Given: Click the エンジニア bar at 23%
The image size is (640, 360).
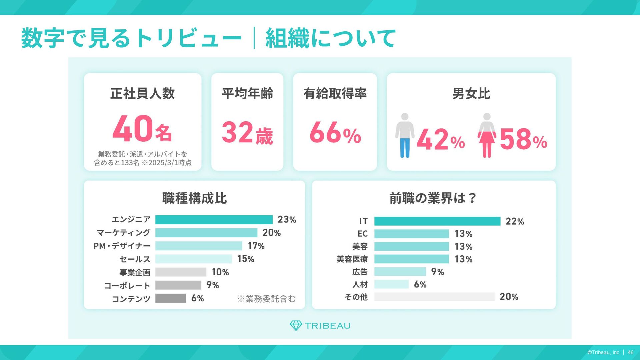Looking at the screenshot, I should [x=214, y=220].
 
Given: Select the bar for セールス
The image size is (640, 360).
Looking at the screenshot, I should [x=193, y=259].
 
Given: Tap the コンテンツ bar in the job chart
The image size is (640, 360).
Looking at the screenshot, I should [x=170, y=298].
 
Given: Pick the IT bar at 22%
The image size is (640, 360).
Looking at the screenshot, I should [x=437, y=221].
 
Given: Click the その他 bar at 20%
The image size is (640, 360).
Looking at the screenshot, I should [x=434, y=297].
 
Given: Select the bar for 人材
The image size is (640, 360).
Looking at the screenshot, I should [x=391, y=284].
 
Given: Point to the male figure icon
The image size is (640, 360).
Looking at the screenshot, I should [x=405, y=135].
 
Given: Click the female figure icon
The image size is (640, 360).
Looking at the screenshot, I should [x=487, y=135].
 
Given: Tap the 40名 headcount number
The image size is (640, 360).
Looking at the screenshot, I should [x=142, y=129].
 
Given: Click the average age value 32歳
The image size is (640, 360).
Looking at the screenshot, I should [x=247, y=133].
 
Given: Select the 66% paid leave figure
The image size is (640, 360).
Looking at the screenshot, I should [x=335, y=133].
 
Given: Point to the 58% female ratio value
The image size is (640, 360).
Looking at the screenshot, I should [x=523, y=140].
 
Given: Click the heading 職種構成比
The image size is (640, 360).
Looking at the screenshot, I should [x=194, y=198].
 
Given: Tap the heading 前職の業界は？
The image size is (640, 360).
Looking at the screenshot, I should [x=433, y=198].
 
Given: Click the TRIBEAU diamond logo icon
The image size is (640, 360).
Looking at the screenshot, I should [x=296, y=326].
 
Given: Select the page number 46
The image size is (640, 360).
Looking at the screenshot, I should [x=631, y=352].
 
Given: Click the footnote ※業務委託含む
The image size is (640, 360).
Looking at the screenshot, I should [x=266, y=299].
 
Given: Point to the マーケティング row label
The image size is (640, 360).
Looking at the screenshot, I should [x=124, y=233].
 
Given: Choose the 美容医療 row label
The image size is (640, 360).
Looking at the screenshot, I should [x=352, y=259].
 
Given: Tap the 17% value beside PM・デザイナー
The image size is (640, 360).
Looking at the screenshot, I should [x=256, y=246].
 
